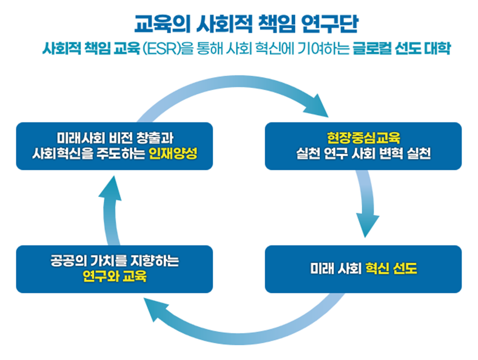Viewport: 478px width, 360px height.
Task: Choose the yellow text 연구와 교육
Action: [x=114, y=276]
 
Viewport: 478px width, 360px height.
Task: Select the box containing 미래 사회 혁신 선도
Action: [x=363, y=269]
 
